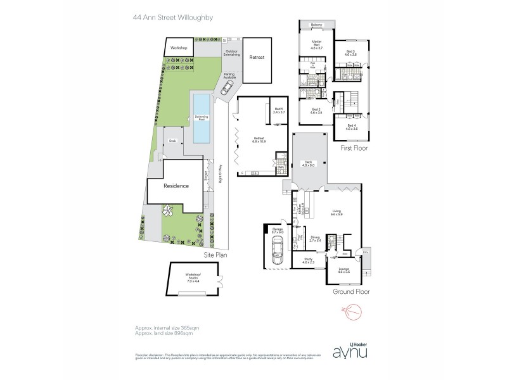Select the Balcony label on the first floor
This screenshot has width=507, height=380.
coord(317,25)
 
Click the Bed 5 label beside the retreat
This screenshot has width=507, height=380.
coord(278,110)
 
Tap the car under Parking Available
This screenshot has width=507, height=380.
coord(226,91)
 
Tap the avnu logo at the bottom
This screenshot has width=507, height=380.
coord(350,353)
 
